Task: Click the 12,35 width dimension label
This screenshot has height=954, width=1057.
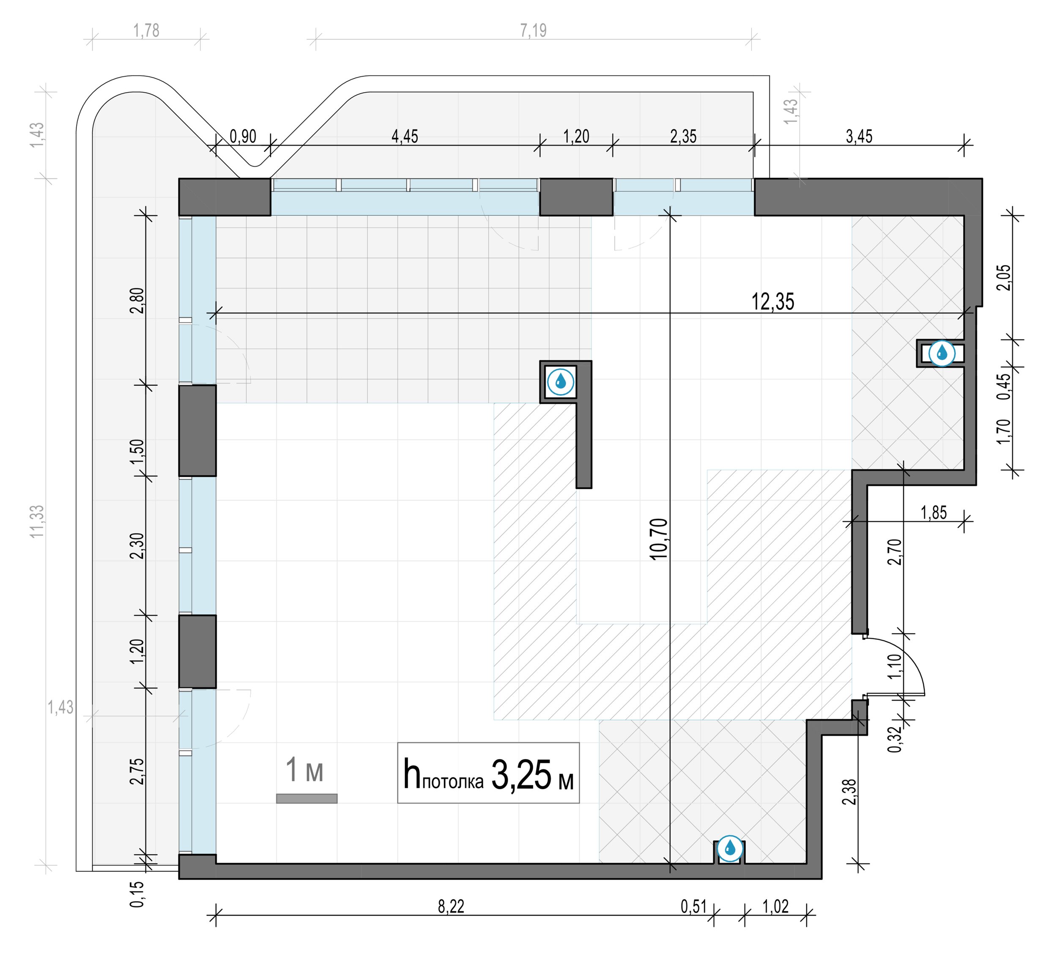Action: [x=772, y=302]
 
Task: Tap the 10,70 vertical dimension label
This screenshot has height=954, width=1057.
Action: [x=659, y=539]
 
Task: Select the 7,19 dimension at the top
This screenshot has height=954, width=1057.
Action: [x=533, y=30]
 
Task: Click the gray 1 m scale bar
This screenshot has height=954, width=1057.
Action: [x=307, y=798]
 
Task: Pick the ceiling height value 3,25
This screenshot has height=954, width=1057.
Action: [x=521, y=775]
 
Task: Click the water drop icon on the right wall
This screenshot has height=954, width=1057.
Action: [x=942, y=353]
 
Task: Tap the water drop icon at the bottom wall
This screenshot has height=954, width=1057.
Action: [x=729, y=847]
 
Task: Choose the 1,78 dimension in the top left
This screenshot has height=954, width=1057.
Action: [x=146, y=30]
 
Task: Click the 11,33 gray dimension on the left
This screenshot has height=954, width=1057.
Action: [x=37, y=521]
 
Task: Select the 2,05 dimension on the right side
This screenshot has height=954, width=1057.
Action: [x=1005, y=278]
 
